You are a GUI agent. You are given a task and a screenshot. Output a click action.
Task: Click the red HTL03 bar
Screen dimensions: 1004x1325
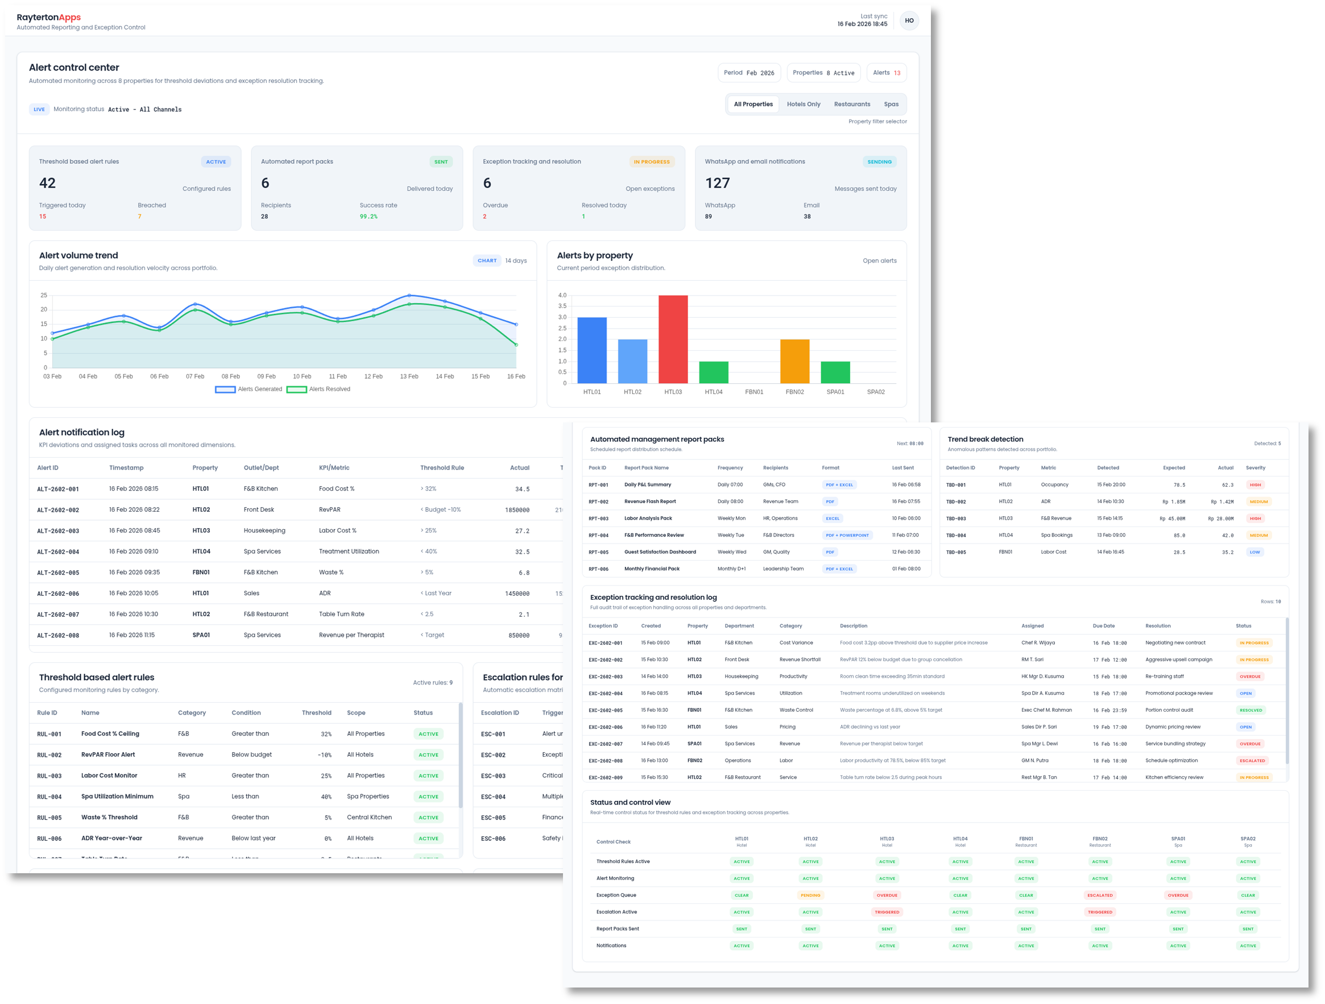tap(673, 339)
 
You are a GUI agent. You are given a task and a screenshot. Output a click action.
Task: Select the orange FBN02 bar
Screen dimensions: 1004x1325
tap(794, 361)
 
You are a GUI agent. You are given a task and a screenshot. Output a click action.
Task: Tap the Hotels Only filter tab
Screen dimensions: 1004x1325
tap(804, 104)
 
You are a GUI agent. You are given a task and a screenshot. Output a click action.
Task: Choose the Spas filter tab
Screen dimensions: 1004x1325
tap(891, 104)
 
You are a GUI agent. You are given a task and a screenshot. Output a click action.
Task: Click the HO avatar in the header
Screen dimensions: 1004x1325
tap(909, 21)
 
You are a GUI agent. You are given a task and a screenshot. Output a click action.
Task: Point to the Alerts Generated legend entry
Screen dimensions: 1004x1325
tap(249, 389)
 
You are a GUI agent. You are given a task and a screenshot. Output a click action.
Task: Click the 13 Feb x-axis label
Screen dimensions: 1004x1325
tap(409, 376)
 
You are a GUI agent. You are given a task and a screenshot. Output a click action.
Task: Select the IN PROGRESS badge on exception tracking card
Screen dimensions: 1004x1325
tap(651, 161)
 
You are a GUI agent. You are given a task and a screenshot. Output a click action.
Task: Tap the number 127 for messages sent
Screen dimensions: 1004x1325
tap(717, 183)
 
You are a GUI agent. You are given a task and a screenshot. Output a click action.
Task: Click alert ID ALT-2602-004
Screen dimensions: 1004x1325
tap(58, 552)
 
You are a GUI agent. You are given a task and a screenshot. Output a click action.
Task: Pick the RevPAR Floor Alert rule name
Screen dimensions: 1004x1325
tap(108, 755)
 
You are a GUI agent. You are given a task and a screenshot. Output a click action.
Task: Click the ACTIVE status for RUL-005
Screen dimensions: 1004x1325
tap(428, 818)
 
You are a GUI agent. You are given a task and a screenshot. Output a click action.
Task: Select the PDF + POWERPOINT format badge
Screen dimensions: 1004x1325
tap(846, 535)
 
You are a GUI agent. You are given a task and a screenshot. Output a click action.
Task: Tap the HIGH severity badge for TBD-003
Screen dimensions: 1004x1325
tap(1255, 518)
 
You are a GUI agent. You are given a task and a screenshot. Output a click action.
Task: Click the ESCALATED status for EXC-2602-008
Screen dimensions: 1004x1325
tap(1252, 761)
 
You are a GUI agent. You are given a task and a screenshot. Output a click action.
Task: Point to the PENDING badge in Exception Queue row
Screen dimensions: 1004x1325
tap(810, 895)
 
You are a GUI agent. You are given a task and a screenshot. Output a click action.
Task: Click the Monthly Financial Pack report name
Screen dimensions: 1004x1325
tap(652, 569)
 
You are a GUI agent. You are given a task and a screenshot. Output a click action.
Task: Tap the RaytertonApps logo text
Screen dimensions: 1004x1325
tap(48, 18)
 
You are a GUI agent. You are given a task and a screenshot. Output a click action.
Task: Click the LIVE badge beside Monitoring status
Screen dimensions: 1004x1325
tap(39, 110)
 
